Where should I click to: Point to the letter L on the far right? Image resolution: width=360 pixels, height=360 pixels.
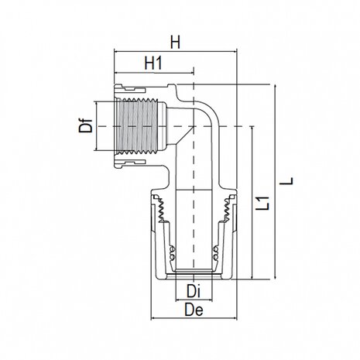(x=289, y=180)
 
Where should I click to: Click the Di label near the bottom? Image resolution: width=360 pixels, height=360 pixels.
(x=194, y=292)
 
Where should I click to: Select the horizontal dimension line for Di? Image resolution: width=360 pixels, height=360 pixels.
(x=194, y=302)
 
